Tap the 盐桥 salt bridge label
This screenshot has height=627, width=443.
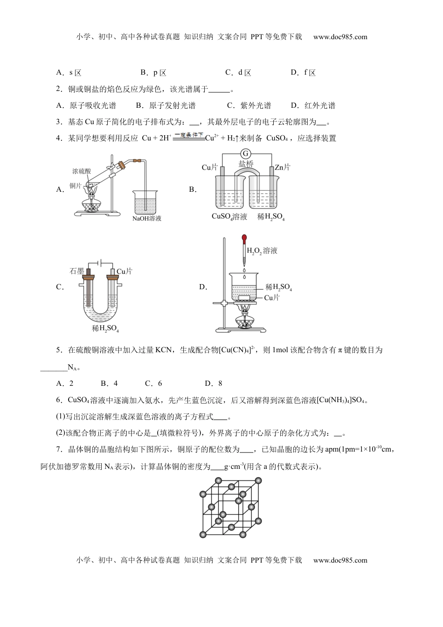tap(246, 164)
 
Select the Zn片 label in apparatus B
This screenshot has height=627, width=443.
tap(283, 167)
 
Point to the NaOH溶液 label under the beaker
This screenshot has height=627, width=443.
tap(147, 218)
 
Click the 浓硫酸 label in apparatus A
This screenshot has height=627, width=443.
tap(82, 172)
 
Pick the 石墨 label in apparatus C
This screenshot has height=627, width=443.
tap(76, 271)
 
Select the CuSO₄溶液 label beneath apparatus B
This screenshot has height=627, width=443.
tap(229, 216)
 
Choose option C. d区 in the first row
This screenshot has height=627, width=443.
tap(238, 72)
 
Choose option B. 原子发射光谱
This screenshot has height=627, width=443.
tap(166, 105)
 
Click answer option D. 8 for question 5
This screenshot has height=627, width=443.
tap(214, 383)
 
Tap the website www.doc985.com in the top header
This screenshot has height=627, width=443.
tap(340, 37)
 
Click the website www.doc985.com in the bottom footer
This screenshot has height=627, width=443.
tap(340, 560)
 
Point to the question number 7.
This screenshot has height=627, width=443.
tap(58, 449)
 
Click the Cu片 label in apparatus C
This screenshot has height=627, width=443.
tap(125, 271)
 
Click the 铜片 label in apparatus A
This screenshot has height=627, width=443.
tap(76, 186)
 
